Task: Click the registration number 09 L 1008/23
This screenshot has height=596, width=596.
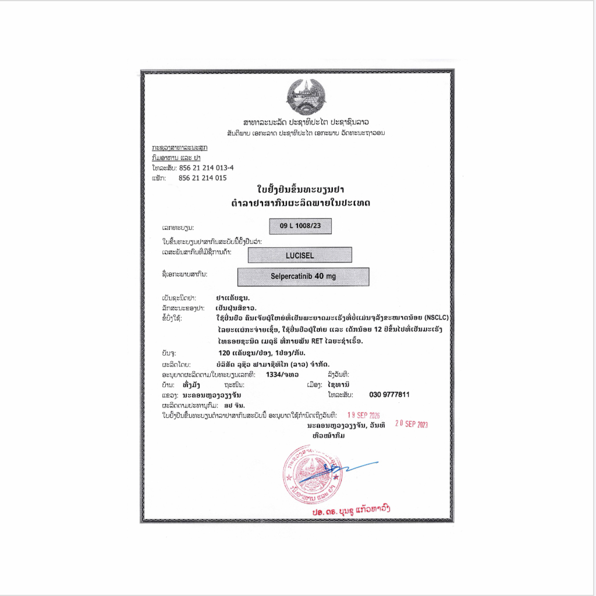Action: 301,226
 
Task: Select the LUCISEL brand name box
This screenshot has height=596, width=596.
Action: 300,255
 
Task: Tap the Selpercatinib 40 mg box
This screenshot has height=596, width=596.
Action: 303,276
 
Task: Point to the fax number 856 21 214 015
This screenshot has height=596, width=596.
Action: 203,178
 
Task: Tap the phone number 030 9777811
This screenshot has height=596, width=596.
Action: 389,395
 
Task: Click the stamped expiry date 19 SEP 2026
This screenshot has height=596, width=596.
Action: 363,416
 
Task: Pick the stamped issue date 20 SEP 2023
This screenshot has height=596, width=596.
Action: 411,425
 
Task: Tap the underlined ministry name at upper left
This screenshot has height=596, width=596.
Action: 179,148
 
